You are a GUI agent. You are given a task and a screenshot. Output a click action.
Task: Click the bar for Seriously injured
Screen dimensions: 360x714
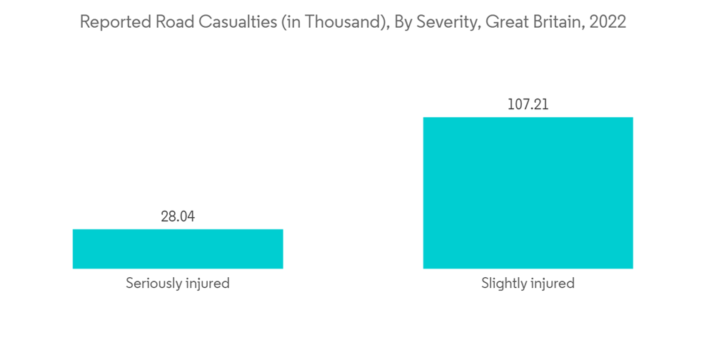click(178, 249)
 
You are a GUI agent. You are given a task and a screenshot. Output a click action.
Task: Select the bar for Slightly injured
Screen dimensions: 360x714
click(528, 193)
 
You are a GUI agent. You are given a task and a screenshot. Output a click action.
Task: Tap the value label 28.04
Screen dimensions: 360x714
click(178, 216)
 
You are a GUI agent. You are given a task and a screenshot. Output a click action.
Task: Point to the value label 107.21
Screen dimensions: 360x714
click(528, 104)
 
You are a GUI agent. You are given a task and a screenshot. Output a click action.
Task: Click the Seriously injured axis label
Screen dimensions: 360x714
click(178, 284)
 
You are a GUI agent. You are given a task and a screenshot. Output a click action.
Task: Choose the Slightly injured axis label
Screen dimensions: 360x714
click(528, 284)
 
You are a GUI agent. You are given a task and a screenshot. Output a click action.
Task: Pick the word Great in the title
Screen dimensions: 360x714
click(503, 22)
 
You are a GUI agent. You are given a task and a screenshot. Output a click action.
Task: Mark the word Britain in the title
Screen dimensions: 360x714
click(554, 22)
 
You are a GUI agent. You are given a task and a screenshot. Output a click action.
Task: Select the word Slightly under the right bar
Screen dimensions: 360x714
click(505, 284)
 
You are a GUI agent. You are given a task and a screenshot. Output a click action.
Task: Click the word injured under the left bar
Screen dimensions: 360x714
click(208, 284)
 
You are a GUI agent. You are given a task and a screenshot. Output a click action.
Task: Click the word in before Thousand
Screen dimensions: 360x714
click(293, 22)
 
